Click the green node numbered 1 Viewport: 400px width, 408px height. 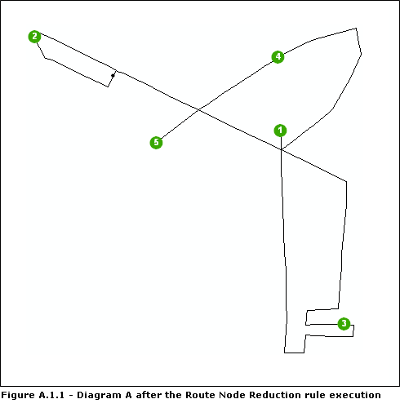(280, 130)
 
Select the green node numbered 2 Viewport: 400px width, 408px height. (34, 37)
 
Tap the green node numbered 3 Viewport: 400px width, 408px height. (344, 324)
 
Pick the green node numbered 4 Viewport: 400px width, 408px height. (278, 57)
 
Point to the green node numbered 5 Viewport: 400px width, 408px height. (156, 143)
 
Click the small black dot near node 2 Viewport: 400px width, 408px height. (113, 75)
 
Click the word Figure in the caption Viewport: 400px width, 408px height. (18, 395)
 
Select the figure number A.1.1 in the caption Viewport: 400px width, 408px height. (52, 395)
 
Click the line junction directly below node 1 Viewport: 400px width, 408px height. (281, 150)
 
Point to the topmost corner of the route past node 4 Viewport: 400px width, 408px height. (356, 29)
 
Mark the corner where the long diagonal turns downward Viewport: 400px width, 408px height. (347, 182)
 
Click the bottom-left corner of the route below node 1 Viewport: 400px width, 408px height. (285, 353)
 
